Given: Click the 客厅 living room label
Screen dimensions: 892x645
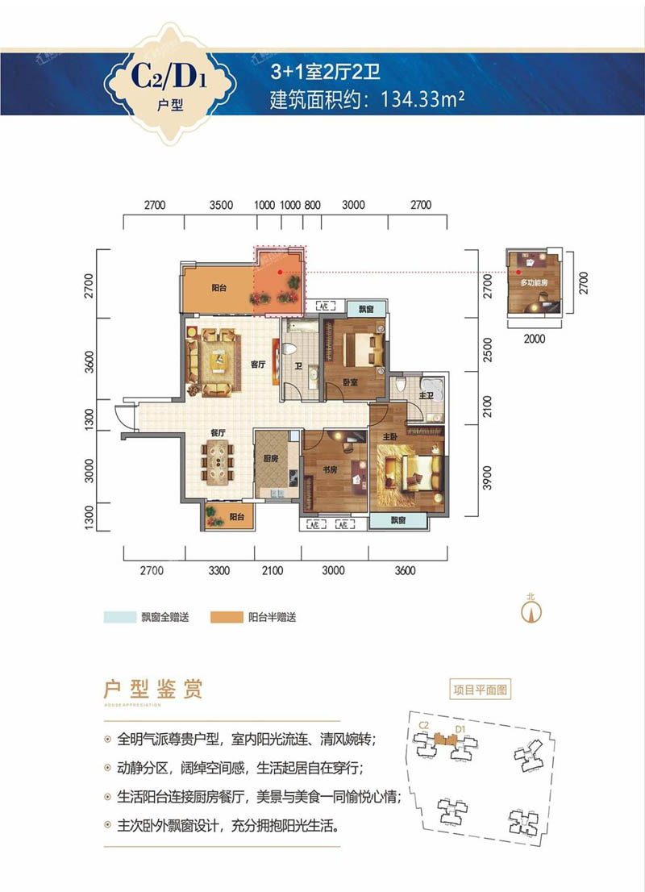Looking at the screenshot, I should click(x=257, y=365).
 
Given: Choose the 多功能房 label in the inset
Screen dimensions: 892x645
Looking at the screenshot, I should click(x=534, y=285).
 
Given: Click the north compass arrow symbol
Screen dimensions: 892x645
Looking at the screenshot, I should click(x=530, y=611).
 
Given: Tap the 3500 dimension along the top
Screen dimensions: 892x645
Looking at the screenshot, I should click(x=220, y=205).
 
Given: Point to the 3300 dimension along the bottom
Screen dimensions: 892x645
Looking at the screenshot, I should click(x=219, y=571).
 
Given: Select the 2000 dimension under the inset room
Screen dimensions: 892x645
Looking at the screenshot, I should click(x=534, y=339).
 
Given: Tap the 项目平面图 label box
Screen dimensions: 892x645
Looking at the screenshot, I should click(x=481, y=690).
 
